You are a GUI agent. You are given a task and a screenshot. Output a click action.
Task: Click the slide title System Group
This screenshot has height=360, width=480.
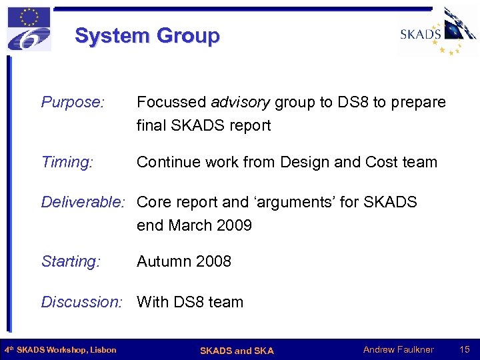(147, 35)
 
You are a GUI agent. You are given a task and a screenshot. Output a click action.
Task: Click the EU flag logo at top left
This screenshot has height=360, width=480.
(29, 29)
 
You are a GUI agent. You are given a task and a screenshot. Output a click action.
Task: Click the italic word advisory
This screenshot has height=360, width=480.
(241, 102)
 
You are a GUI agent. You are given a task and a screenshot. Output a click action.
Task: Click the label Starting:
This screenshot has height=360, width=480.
(71, 261)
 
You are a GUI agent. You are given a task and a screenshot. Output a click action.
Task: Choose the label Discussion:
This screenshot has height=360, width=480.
(82, 302)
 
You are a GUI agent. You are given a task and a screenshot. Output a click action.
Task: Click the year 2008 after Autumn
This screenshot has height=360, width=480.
(211, 261)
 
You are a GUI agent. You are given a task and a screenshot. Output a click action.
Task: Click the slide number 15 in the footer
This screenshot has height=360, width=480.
(465, 350)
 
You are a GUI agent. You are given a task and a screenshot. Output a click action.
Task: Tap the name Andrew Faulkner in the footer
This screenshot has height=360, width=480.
(398, 350)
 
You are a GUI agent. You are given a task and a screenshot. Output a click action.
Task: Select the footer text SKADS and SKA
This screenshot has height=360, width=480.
(237, 351)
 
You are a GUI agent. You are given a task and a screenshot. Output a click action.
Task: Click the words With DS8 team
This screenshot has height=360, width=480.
(190, 302)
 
